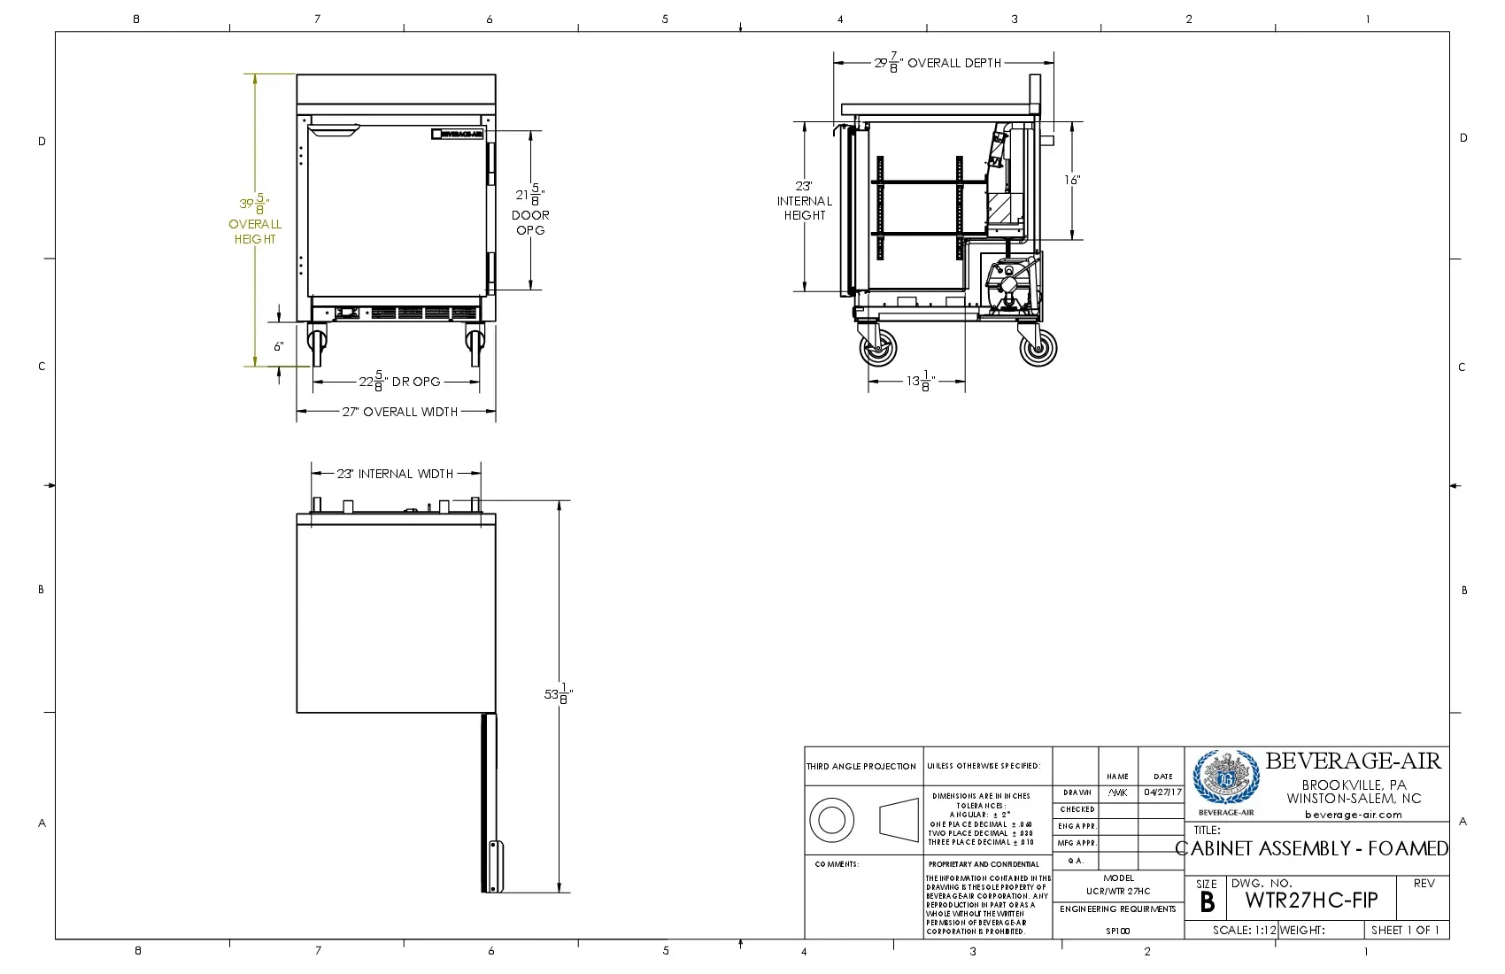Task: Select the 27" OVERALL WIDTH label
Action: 400,412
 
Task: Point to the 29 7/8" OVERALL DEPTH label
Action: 938,63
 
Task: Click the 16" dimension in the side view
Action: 1072,180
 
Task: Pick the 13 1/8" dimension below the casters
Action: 920,382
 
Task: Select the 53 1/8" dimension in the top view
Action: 559,694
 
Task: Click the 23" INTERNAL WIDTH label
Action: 395,474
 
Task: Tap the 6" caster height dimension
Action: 278,346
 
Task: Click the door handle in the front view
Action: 334,133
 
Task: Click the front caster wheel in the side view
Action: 877,348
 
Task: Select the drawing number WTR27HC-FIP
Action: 1311,901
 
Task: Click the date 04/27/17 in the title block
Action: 1162,792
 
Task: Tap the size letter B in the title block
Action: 1207,902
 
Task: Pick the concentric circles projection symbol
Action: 831,820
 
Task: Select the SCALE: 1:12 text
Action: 1244,931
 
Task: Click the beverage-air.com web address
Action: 1353,815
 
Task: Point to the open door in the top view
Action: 490,801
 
